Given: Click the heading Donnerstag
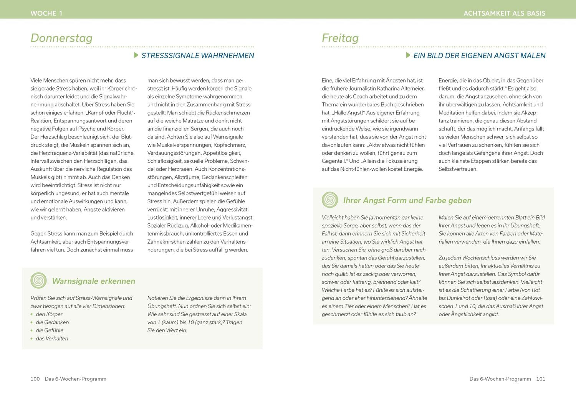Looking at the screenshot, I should (x=61, y=38).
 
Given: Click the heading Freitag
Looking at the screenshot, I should (x=340, y=38).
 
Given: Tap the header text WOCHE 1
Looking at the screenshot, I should (x=46, y=13).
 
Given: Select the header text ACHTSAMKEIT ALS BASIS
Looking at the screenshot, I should (x=504, y=13).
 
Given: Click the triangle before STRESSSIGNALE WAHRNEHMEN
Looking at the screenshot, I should (x=136, y=55).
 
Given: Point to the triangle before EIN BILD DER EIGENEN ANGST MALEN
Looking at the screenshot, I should (x=408, y=55).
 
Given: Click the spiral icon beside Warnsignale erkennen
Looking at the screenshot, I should (x=38, y=281).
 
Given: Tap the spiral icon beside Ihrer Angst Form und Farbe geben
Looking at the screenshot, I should (x=330, y=200).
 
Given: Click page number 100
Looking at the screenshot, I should (x=35, y=379).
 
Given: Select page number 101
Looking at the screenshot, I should (x=541, y=379).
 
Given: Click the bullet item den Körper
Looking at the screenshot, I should (x=49, y=314).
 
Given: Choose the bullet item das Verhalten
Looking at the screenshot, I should (x=52, y=339).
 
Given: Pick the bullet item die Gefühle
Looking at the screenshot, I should (x=50, y=330).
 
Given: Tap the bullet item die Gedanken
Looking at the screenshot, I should (x=52, y=322).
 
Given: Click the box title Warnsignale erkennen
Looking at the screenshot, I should (x=93, y=281).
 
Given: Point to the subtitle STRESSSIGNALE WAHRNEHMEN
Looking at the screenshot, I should (x=197, y=56).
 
